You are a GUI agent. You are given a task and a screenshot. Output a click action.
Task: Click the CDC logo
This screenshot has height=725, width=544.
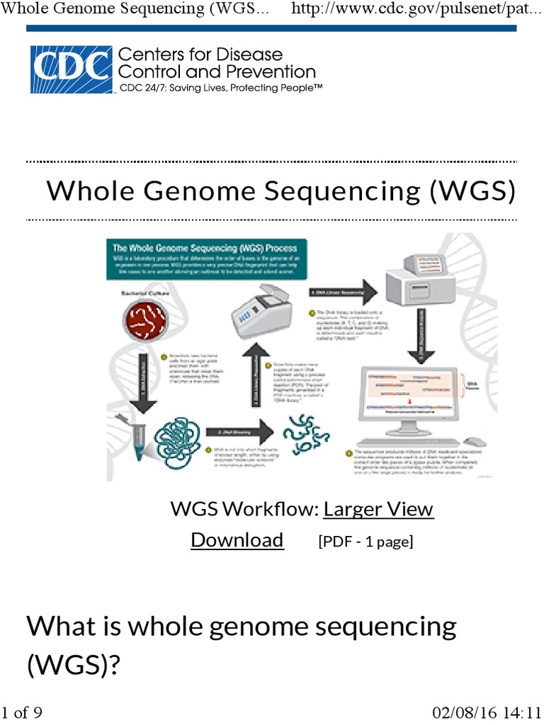(x=71, y=69)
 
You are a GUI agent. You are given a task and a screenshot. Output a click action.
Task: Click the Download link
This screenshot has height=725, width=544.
(x=237, y=540)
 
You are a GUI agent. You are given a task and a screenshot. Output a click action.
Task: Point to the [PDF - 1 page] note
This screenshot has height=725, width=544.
(x=365, y=542)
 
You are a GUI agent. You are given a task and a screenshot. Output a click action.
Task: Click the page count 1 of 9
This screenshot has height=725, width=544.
(x=22, y=712)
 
